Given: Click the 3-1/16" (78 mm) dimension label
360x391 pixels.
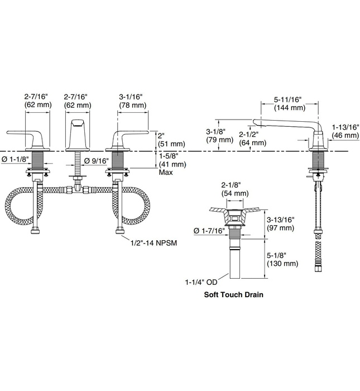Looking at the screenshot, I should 132,101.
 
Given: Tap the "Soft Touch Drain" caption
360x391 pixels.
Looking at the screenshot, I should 233,294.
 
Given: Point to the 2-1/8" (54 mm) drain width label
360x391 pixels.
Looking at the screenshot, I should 234,189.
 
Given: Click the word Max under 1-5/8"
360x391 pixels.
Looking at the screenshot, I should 165,173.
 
